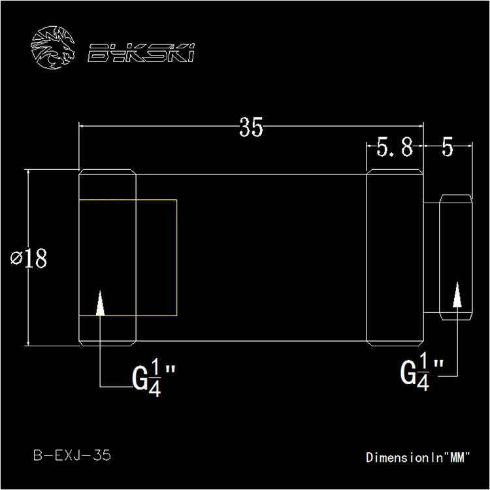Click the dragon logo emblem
[53, 48]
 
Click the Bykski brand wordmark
[141, 52]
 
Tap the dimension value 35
[251, 127]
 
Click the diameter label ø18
[29, 258]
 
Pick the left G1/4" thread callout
[154, 378]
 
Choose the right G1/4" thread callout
[421, 372]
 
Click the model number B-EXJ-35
[72, 455]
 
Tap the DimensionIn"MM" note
[418, 457]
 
